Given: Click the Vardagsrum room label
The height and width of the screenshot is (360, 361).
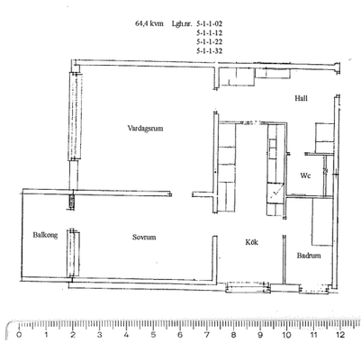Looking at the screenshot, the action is (x=145, y=129).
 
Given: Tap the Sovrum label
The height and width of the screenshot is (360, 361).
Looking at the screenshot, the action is (x=144, y=238).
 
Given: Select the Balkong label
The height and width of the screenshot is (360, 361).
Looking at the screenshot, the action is (x=45, y=235).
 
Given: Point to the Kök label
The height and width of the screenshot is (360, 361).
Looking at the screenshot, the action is (x=252, y=242).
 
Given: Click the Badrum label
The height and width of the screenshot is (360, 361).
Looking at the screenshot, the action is (x=309, y=256).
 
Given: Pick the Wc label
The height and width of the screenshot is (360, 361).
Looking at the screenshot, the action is (x=305, y=175).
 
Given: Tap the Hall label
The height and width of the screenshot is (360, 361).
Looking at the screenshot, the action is (x=301, y=98).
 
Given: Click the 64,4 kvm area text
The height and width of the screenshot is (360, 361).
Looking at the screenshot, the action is (x=149, y=23).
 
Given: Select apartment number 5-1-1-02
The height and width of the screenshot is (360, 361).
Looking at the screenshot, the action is (x=210, y=23).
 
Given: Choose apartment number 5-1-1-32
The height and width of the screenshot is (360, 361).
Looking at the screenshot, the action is (x=210, y=51).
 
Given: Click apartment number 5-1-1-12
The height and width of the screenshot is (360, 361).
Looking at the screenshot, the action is (x=210, y=32).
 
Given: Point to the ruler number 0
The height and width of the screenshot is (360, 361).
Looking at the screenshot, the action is (x=19, y=335).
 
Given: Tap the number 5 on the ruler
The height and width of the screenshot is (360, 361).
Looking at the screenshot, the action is (x=153, y=335).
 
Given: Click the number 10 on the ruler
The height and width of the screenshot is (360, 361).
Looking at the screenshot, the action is (x=286, y=335).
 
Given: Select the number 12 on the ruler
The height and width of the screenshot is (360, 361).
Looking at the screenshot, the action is (x=340, y=335).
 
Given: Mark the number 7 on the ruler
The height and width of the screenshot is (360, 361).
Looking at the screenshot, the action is (x=206, y=335).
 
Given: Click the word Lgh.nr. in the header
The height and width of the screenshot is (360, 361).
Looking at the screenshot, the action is (x=182, y=24).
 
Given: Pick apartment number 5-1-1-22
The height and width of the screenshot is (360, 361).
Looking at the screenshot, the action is (x=210, y=41).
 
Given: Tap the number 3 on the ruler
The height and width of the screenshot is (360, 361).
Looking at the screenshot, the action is (x=99, y=335).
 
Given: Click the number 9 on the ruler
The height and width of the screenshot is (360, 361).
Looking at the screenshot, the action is (x=260, y=335).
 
